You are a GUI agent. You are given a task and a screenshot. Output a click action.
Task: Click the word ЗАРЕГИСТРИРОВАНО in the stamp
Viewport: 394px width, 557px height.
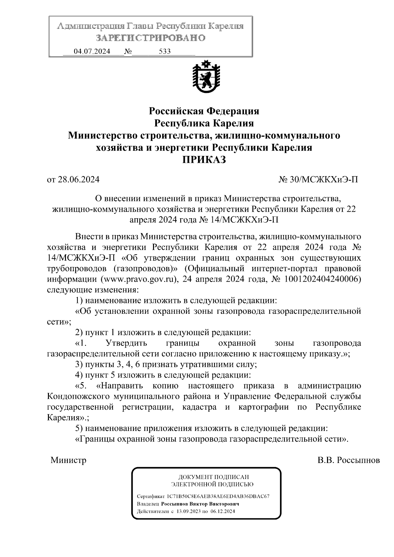click(150, 38)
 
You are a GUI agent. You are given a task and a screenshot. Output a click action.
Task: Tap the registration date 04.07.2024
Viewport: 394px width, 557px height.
click(92, 52)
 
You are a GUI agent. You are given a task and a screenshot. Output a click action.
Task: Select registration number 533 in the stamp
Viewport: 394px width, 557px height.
click(164, 52)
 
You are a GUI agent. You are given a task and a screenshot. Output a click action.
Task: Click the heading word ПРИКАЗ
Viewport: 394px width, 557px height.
click(204, 160)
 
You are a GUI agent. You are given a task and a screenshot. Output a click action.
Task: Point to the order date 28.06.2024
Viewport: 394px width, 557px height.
click(78, 180)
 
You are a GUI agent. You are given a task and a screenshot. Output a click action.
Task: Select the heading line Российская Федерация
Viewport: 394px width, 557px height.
click(204, 111)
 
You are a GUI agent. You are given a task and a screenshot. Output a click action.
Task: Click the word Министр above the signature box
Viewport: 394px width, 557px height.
click(68, 460)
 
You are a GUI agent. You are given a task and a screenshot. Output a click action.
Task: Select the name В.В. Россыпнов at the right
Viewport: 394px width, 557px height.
click(348, 460)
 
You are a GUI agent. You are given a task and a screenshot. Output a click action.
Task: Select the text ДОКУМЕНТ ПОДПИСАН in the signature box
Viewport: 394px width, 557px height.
click(213, 477)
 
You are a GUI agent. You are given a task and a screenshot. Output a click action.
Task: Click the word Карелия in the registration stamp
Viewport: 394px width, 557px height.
click(226, 26)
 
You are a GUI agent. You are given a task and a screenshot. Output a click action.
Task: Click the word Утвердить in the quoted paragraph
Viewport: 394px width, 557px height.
click(126, 343)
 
